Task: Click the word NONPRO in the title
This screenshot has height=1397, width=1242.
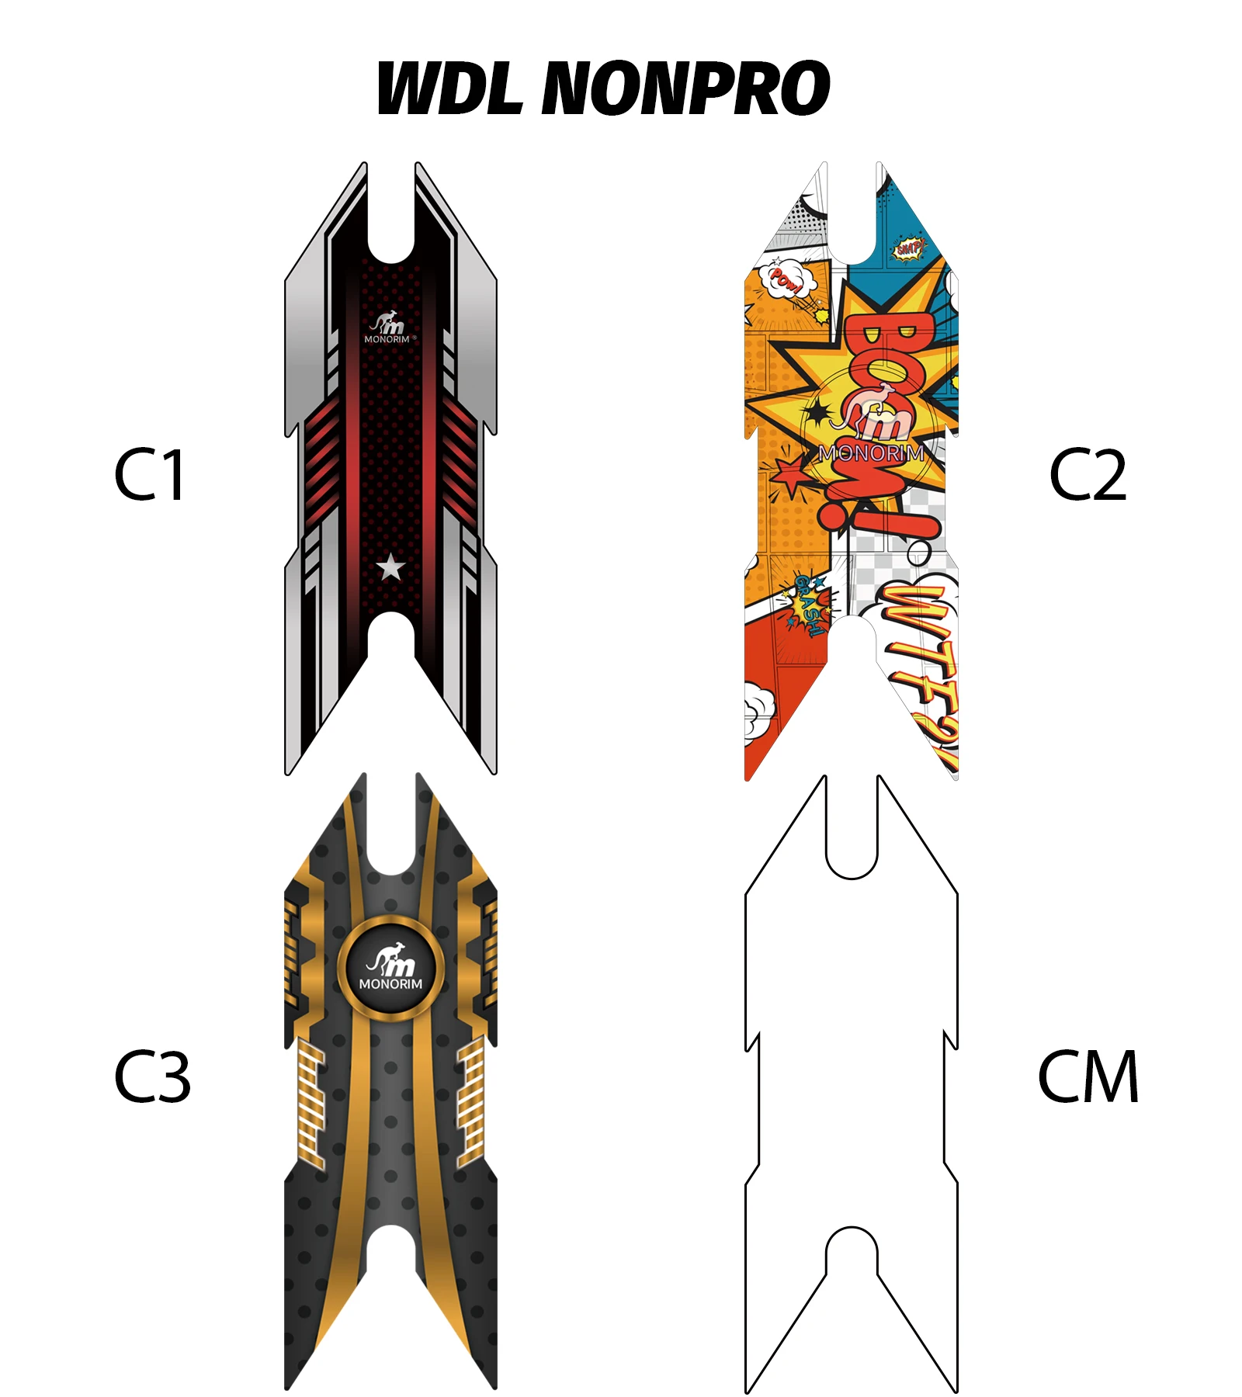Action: pos(686,88)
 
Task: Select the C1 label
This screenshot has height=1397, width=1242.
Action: pos(149,474)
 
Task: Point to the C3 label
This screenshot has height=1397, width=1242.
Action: pos(152,1076)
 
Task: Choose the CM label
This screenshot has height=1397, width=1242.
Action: pos(1088,1076)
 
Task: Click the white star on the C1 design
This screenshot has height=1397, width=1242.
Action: pos(390,567)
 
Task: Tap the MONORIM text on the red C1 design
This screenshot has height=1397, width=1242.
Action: pos(387,339)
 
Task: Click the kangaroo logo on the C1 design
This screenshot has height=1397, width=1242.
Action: pos(388,322)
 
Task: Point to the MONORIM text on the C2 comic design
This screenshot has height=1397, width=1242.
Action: pos(872,452)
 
